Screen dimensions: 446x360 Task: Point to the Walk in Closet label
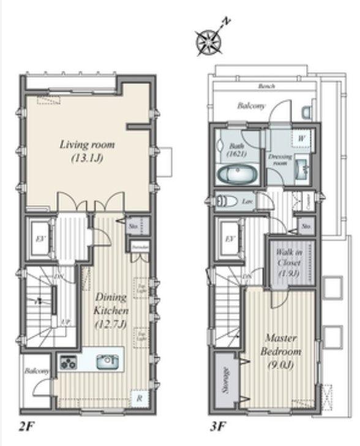288,262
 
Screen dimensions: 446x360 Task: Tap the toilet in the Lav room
226,201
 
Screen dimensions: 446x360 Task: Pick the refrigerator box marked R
140,398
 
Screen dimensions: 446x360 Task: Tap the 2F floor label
26,425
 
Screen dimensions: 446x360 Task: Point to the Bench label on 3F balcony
266,86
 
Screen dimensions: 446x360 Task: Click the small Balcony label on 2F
32,371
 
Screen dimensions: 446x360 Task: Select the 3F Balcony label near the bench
251,106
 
